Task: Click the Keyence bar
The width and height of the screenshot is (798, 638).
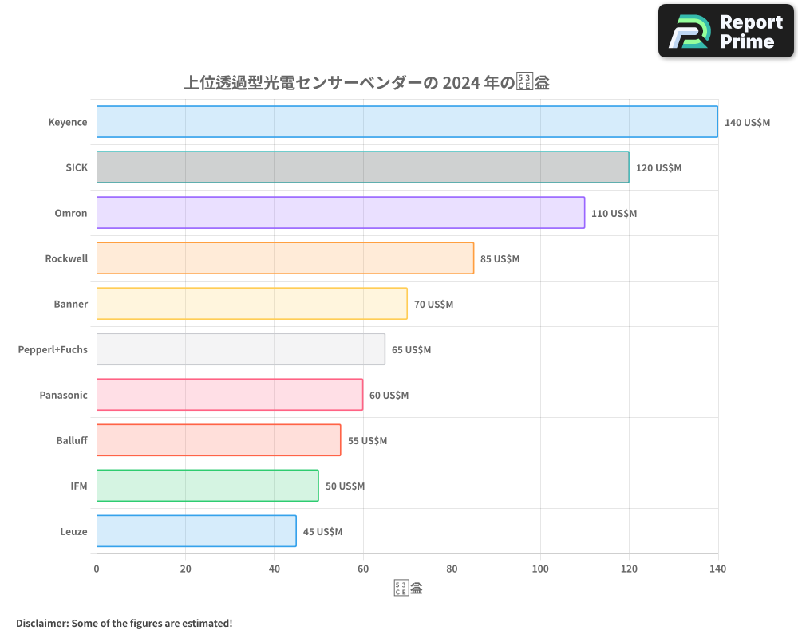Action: coord(407,122)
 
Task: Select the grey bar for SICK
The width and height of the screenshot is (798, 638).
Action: coord(362,167)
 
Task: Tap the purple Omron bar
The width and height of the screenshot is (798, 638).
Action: coord(341,213)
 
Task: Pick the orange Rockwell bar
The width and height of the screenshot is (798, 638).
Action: coord(285,258)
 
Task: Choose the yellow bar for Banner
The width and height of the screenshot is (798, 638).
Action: coord(251,304)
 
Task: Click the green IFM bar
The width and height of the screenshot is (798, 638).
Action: coord(207,486)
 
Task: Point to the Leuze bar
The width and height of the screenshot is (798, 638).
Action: coord(196,531)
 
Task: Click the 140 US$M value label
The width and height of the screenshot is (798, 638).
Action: coord(747,123)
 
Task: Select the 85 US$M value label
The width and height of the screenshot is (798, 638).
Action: coord(500,259)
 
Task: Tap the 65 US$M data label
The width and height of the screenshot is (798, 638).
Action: coord(411,350)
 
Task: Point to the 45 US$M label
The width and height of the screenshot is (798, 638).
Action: coord(322,532)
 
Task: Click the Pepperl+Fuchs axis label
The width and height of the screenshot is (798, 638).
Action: coord(53,349)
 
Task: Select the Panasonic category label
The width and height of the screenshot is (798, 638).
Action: coord(63,395)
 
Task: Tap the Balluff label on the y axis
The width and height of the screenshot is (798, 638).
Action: coord(72,440)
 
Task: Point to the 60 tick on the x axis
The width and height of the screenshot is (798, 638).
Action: coord(363,569)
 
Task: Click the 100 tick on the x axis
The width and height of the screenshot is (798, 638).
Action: coord(540,569)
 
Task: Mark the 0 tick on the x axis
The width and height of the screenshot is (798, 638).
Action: coord(97,569)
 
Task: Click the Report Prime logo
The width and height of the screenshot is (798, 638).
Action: coord(726,31)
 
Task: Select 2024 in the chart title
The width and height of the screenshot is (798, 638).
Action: coord(460,82)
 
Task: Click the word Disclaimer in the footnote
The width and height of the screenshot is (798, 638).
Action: coord(41,623)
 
